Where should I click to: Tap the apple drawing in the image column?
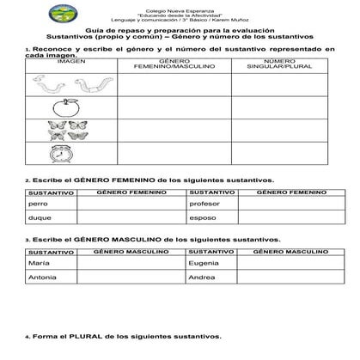(61, 108)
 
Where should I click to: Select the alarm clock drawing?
(61, 151)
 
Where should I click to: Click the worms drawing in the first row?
(62, 84)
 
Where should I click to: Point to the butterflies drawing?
(61, 130)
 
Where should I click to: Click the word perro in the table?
(37, 204)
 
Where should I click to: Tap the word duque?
(40, 218)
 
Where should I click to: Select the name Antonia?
(41, 278)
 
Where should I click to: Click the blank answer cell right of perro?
(130, 204)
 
